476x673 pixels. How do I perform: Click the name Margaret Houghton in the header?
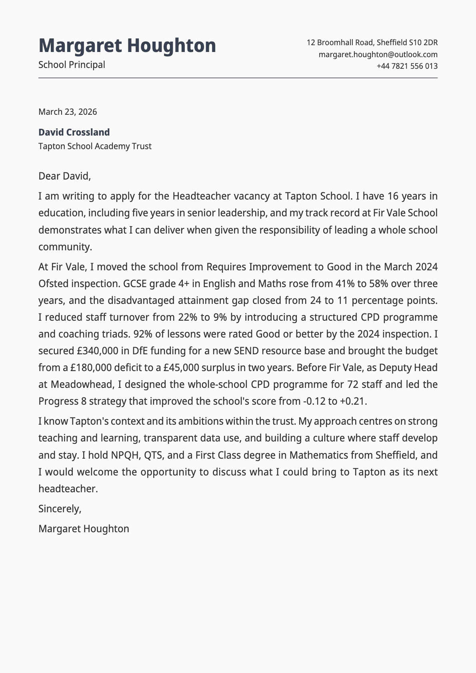(127, 46)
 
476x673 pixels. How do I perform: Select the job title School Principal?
(72, 65)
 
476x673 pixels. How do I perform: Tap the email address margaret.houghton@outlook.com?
(378, 54)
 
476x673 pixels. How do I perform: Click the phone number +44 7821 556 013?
(407, 66)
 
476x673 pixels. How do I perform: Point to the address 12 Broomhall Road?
(340, 42)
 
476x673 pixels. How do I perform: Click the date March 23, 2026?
(68, 112)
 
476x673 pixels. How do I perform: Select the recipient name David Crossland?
(74, 132)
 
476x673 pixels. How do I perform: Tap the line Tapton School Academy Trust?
(95, 146)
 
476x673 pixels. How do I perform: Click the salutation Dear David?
(64, 176)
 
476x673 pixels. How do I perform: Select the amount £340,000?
(98, 351)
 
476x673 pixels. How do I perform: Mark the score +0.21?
(352, 401)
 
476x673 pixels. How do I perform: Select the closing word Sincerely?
(60, 509)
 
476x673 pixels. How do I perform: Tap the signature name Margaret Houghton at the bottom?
(84, 529)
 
